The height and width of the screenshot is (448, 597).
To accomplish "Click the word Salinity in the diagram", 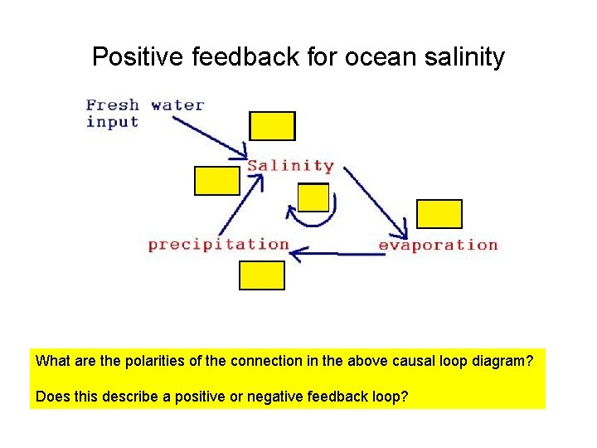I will (290, 165).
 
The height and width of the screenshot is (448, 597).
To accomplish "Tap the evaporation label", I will (438, 245).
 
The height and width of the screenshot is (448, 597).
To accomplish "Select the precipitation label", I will (218, 244).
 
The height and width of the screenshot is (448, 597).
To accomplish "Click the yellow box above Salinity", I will (272, 125).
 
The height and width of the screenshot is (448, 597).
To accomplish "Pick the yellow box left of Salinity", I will (216, 180).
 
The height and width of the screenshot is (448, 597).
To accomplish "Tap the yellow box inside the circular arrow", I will (313, 197).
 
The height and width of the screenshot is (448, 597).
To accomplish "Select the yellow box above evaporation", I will (439, 213).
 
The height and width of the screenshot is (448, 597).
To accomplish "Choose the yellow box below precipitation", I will (261, 275).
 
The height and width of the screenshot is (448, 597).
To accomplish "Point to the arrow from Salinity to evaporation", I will (376, 202).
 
